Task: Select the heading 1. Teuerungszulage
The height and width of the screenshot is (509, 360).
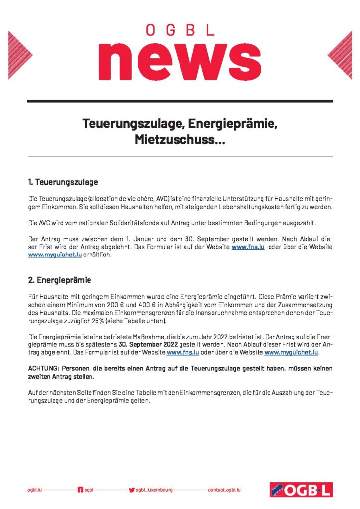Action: coord(62,182)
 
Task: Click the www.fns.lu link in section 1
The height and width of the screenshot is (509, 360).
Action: coord(247,247)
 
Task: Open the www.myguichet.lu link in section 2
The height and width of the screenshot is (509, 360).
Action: coord(290,353)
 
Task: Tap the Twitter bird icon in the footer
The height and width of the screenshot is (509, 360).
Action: coord(131,490)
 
